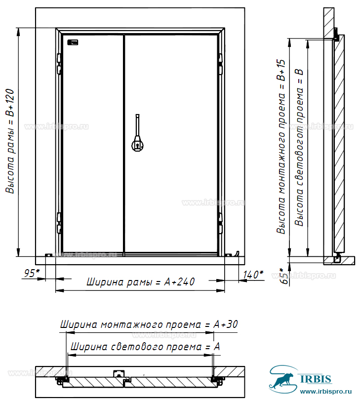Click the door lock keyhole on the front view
tap(137, 146)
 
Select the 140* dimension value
tap(253, 275)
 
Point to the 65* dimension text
tap(284, 276)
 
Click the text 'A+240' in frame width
tap(179, 282)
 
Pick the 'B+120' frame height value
tap(10, 103)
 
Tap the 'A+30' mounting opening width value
tap(225, 324)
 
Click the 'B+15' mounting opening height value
tap(281, 70)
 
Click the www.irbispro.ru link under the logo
tap(326, 392)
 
